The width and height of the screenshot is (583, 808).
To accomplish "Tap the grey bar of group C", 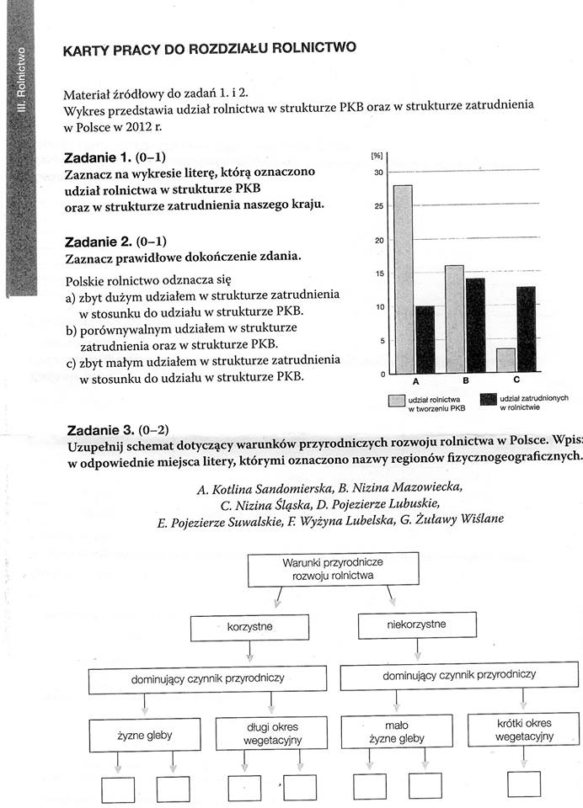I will [505, 361].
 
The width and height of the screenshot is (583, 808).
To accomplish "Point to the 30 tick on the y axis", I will [378, 173].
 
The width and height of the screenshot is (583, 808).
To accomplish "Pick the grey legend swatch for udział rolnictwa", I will [397, 401].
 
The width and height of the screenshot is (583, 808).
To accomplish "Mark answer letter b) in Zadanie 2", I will [71, 330].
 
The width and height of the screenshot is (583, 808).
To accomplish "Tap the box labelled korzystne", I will [250, 628].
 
